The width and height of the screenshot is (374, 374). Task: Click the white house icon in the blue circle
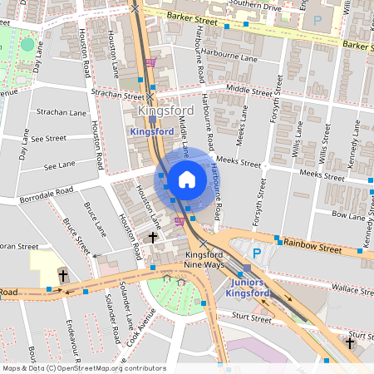click(x=187, y=179)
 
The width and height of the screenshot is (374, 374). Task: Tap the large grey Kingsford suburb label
click(x=166, y=111)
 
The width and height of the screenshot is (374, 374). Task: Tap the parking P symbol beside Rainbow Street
click(x=257, y=253)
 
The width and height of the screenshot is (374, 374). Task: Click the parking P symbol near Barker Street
click(x=317, y=19)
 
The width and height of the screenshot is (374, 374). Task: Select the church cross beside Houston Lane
click(x=152, y=239)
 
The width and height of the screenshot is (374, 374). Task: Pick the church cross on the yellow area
click(x=62, y=274)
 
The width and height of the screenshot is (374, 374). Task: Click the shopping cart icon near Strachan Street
click(x=150, y=62)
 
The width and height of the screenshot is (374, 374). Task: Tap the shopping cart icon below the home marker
click(x=180, y=221)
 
